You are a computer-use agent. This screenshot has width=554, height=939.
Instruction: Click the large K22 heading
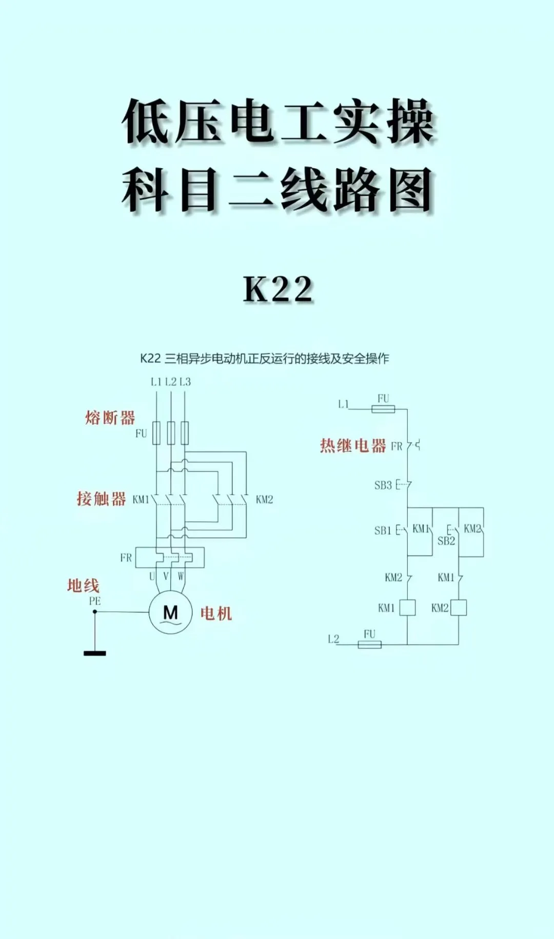tap(278, 289)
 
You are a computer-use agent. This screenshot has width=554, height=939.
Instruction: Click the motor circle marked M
tap(170, 612)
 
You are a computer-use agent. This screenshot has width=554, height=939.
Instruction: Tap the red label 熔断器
tap(110, 418)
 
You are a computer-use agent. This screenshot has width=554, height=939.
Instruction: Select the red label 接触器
tap(101, 498)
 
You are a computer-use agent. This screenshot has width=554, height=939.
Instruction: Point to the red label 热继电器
tap(353, 446)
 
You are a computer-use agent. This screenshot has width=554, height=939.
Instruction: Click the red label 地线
tap(83, 586)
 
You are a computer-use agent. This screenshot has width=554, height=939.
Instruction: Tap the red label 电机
tap(216, 613)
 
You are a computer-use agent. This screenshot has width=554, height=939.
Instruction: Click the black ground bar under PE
tap(95, 653)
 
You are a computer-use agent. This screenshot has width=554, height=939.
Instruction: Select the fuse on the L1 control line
tap(383, 409)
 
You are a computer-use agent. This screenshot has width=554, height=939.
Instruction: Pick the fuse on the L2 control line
tap(369, 645)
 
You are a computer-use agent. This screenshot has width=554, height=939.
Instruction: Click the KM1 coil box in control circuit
tap(407, 608)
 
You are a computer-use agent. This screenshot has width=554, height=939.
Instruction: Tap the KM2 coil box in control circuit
tap(458, 608)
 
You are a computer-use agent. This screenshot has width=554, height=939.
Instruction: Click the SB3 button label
tap(383, 485)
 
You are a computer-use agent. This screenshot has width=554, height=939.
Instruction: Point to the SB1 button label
tap(383, 531)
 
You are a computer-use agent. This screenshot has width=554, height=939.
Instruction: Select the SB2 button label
tap(446, 541)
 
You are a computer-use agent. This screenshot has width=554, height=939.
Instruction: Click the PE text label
tap(95, 601)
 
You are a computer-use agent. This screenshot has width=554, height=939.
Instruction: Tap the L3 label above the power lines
tap(185, 382)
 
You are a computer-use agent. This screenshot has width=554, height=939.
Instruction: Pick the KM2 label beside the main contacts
tap(264, 500)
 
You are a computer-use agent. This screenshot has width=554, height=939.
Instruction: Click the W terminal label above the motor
tap(181, 576)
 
